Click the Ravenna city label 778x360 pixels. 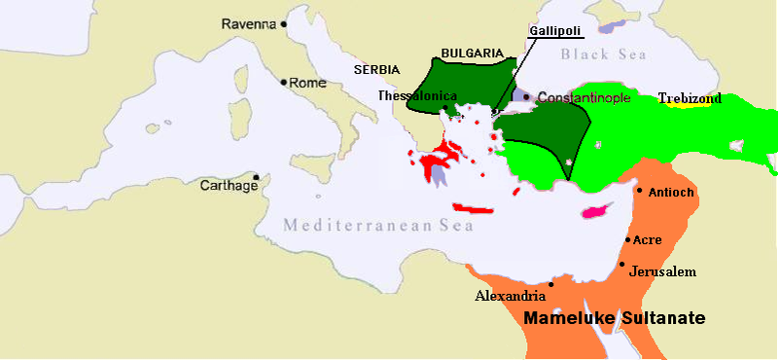(249, 23)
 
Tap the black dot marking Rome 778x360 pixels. (284, 83)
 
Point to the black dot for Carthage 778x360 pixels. (256, 177)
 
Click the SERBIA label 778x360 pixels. (376, 71)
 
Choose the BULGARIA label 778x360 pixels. (472, 53)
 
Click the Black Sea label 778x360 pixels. (603, 54)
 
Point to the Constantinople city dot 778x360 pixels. (526, 97)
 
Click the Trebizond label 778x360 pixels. (690, 98)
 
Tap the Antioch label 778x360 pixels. (670, 192)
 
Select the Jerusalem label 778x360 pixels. (662, 271)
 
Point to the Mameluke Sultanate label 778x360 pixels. (615, 318)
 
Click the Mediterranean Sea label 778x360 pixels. (378, 226)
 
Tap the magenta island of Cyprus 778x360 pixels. (594, 210)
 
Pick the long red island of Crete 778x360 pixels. (475, 207)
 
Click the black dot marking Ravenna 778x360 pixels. (284, 23)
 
